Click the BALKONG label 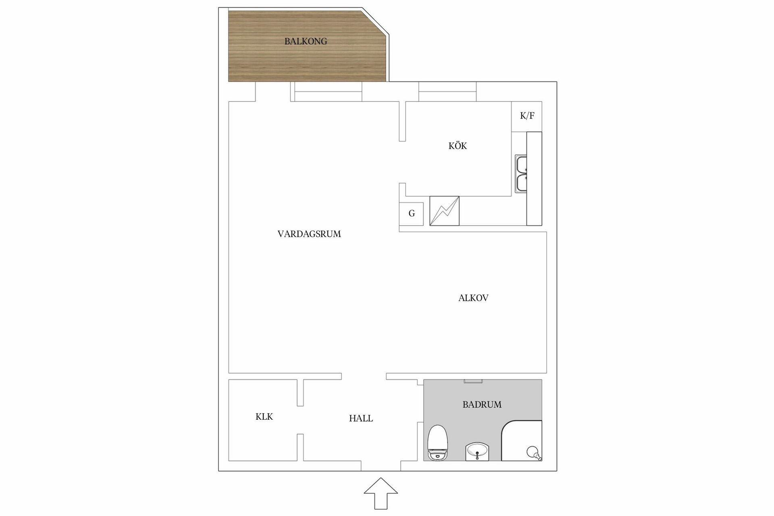(x=306, y=41)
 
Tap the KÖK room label (x=458, y=146)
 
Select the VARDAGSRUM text (x=309, y=234)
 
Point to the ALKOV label (x=473, y=298)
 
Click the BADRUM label (x=482, y=404)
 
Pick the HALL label (x=361, y=418)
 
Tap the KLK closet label (x=264, y=417)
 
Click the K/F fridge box (x=527, y=116)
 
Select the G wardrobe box (x=411, y=214)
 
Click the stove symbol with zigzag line (x=444, y=211)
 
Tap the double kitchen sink (x=521, y=174)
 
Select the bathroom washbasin (x=477, y=451)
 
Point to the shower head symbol (x=533, y=452)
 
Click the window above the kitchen (x=447, y=92)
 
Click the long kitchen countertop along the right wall (x=534, y=179)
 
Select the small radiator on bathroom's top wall (x=473, y=381)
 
